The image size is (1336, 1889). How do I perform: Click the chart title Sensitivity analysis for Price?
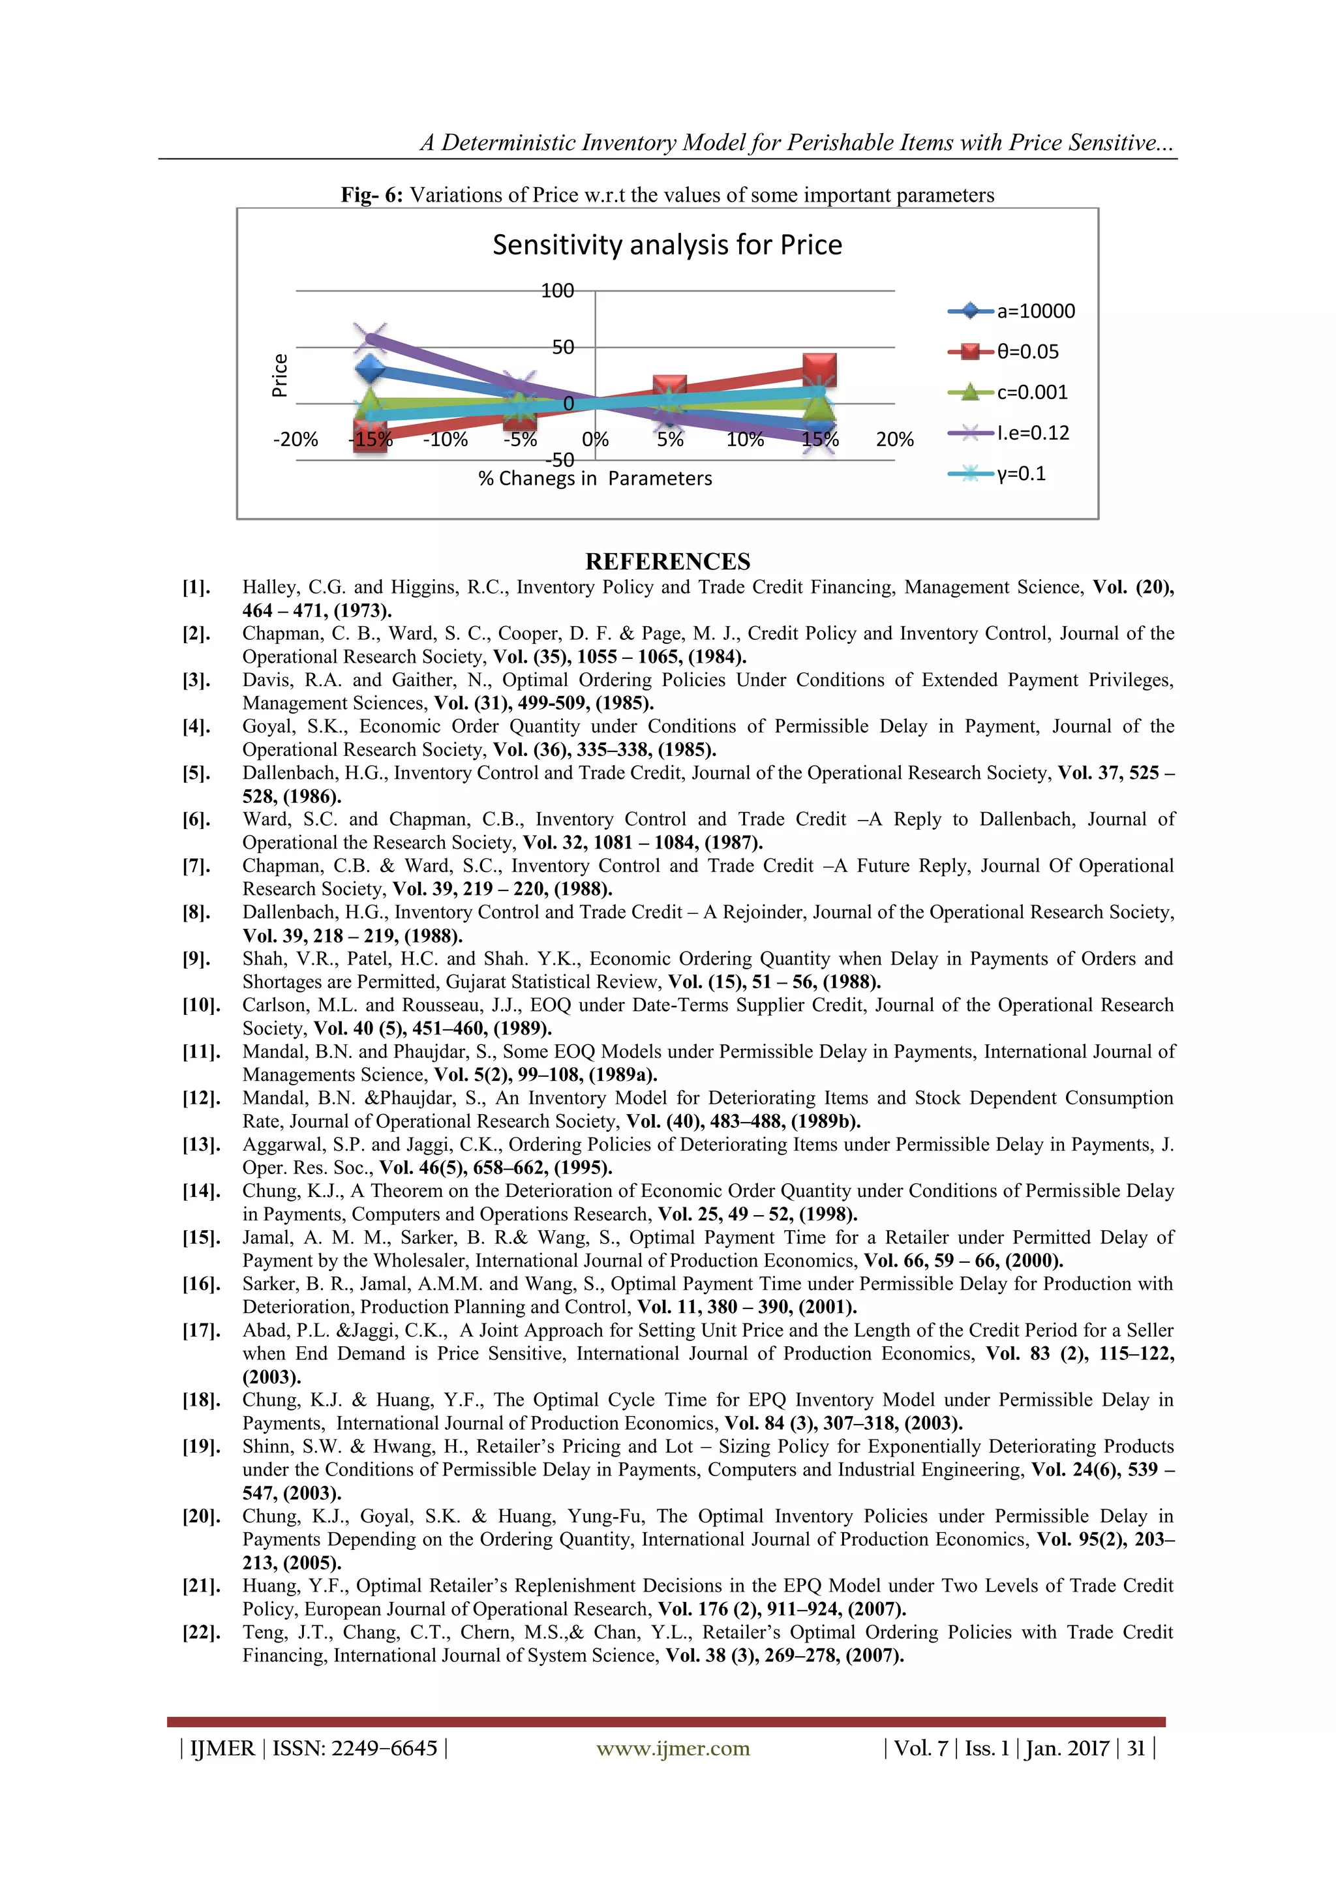pos(667,245)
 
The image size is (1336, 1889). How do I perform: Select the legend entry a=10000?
pos(1035,312)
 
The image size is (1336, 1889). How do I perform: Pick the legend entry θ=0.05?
pos(1027,352)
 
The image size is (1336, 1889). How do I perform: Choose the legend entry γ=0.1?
pos(1021,474)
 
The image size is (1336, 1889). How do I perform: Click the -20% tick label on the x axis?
pos(296,440)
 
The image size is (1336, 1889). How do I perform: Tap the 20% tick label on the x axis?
pos(894,440)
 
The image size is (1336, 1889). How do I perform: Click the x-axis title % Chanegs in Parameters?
pos(595,479)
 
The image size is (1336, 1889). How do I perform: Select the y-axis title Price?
pos(280,376)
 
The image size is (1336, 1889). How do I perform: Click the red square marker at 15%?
pos(819,369)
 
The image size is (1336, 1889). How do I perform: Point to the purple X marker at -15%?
pos(370,336)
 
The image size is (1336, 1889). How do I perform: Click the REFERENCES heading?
pos(667,562)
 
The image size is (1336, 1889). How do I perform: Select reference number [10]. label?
pos(201,1005)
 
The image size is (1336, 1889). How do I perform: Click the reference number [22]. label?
pos(201,1632)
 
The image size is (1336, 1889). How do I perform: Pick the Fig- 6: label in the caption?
pos(372,196)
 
